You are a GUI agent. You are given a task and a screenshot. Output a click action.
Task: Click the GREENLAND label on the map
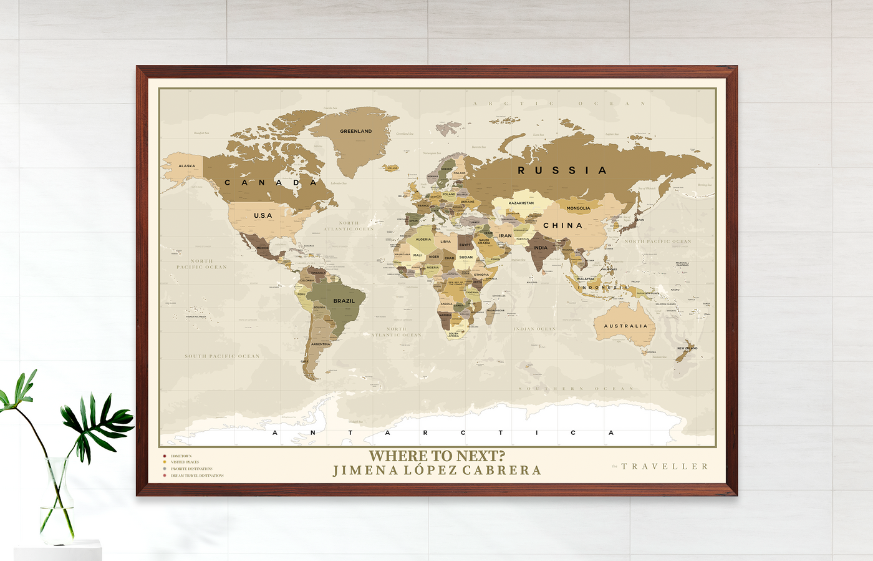[x=355, y=131]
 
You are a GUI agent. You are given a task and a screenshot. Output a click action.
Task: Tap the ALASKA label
[x=186, y=166]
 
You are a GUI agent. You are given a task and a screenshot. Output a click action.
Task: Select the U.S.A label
[x=263, y=215]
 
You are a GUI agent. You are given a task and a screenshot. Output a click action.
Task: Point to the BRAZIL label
[x=344, y=301]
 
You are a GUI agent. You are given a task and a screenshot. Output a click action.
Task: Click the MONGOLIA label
[x=578, y=208]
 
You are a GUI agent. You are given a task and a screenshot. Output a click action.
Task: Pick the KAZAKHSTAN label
[x=521, y=203]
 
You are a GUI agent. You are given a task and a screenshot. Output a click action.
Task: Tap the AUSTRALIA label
[x=625, y=326]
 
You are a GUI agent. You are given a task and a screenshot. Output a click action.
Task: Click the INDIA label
[x=540, y=248]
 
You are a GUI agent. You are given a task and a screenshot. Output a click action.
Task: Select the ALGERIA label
[x=423, y=239]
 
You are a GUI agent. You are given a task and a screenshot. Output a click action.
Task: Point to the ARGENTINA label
[x=321, y=344]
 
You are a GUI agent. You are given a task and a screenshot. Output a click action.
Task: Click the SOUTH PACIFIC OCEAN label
[x=222, y=356]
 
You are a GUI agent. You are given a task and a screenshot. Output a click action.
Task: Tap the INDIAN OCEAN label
[x=534, y=329]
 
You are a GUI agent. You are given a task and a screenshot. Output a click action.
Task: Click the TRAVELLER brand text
[x=665, y=466]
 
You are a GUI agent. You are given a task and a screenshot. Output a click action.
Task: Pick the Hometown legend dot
[x=165, y=456]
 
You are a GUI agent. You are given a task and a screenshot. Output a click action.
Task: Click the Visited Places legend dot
[x=165, y=462]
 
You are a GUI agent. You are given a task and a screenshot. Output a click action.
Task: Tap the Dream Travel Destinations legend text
[x=197, y=476]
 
